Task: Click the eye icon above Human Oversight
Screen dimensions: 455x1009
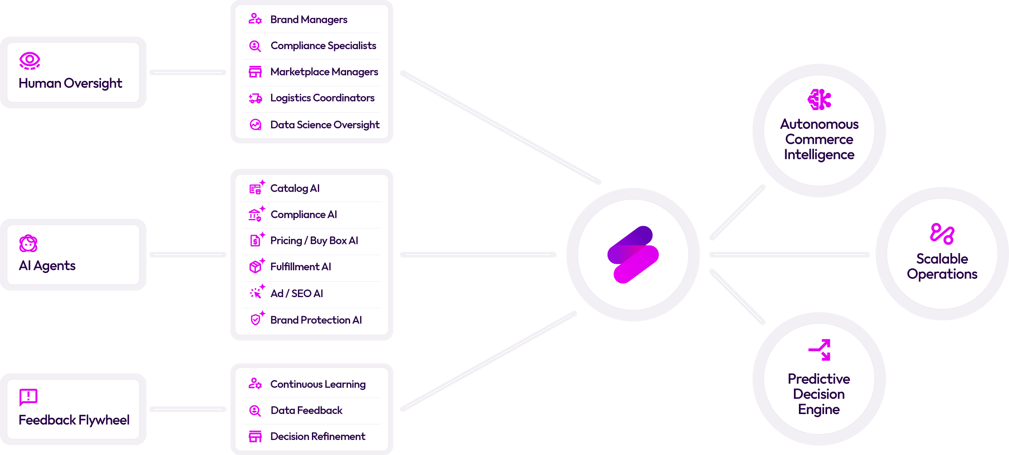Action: (x=30, y=61)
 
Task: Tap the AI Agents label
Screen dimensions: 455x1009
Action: (x=47, y=266)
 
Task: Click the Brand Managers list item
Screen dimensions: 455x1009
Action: (x=309, y=20)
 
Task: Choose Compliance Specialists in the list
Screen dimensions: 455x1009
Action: (x=323, y=45)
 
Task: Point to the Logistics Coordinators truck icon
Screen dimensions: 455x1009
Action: (x=255, y=98)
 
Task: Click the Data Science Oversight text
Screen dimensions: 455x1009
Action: (x=325, y=125)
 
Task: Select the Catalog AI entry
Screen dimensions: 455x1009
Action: (x=295, y=188)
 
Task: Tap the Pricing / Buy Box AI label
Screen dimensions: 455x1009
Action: (x=314, y=241)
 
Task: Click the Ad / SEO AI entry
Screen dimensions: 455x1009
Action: (x=296, y=293)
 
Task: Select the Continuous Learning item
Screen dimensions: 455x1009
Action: (x=318, y=384)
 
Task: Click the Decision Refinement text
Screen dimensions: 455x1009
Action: (x=318, y=437)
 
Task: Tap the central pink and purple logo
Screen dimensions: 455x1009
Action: (x=633, y=254)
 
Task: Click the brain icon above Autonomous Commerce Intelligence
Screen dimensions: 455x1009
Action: (x=819, y=100)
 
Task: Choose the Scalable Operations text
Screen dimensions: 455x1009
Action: (x=942, y=267)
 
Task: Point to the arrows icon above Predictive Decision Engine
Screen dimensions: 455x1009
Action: (x=819, y=350)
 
